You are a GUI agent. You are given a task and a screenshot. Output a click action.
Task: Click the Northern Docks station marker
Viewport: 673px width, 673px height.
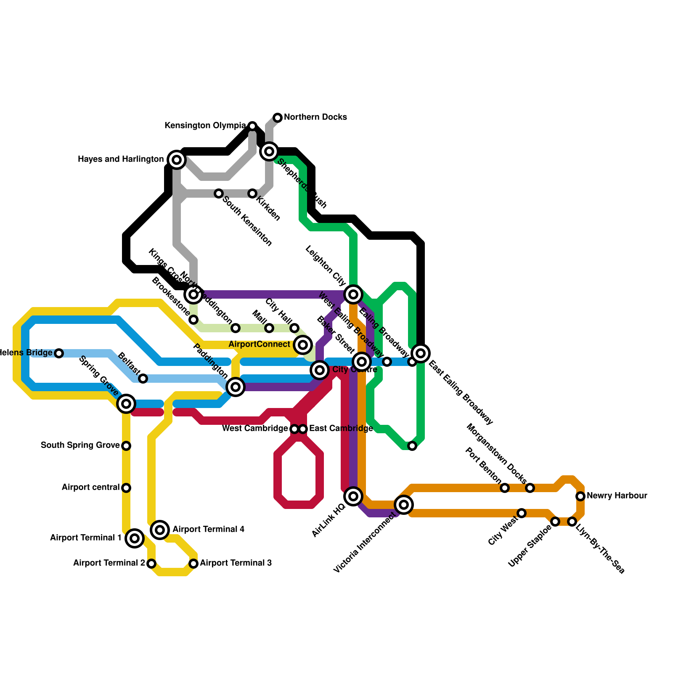pos(278,118)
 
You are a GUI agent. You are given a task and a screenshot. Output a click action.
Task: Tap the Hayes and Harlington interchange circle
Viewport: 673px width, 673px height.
pos(177,160)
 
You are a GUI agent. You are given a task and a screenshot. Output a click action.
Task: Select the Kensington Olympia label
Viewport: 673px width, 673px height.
pos(205,126)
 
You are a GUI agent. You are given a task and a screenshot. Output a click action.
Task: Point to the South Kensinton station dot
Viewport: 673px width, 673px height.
pos(219,193)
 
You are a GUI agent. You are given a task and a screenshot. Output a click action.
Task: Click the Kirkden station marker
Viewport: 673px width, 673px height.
pos(252,193)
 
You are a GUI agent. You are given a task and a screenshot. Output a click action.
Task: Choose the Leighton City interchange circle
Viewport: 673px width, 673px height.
pos(353,294)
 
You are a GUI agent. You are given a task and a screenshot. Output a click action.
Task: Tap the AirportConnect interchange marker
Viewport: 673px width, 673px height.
pos(303,345)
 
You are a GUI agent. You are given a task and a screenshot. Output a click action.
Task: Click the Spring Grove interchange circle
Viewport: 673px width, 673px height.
pos(126,404)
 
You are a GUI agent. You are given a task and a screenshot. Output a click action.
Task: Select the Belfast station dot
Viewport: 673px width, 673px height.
pos(143,379)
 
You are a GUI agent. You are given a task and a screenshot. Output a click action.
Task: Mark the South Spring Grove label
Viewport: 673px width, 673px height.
pos(80,445)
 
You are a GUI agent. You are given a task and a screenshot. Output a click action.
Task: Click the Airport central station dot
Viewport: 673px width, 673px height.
pos(126,488)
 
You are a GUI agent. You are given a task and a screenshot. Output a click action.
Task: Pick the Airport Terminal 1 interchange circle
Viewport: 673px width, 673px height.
pos(135,538)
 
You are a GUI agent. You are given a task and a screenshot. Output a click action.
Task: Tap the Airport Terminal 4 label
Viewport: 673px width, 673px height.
pos(209,530)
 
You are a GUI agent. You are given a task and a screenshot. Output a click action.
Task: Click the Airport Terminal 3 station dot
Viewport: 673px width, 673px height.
pos(193,564)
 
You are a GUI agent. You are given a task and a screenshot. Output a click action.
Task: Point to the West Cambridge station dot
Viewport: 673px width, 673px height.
pos(294,429)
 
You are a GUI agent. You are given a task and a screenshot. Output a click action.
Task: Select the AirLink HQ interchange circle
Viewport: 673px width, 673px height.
pos(353,496)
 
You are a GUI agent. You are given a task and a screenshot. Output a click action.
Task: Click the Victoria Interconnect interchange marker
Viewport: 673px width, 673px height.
pos(404,504)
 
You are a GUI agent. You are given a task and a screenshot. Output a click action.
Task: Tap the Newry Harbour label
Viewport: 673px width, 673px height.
pos(617,496)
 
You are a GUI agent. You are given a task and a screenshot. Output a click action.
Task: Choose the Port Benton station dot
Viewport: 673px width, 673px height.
pos(505,488)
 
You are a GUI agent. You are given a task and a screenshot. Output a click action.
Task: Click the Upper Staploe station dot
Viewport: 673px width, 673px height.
pos(555,522)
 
